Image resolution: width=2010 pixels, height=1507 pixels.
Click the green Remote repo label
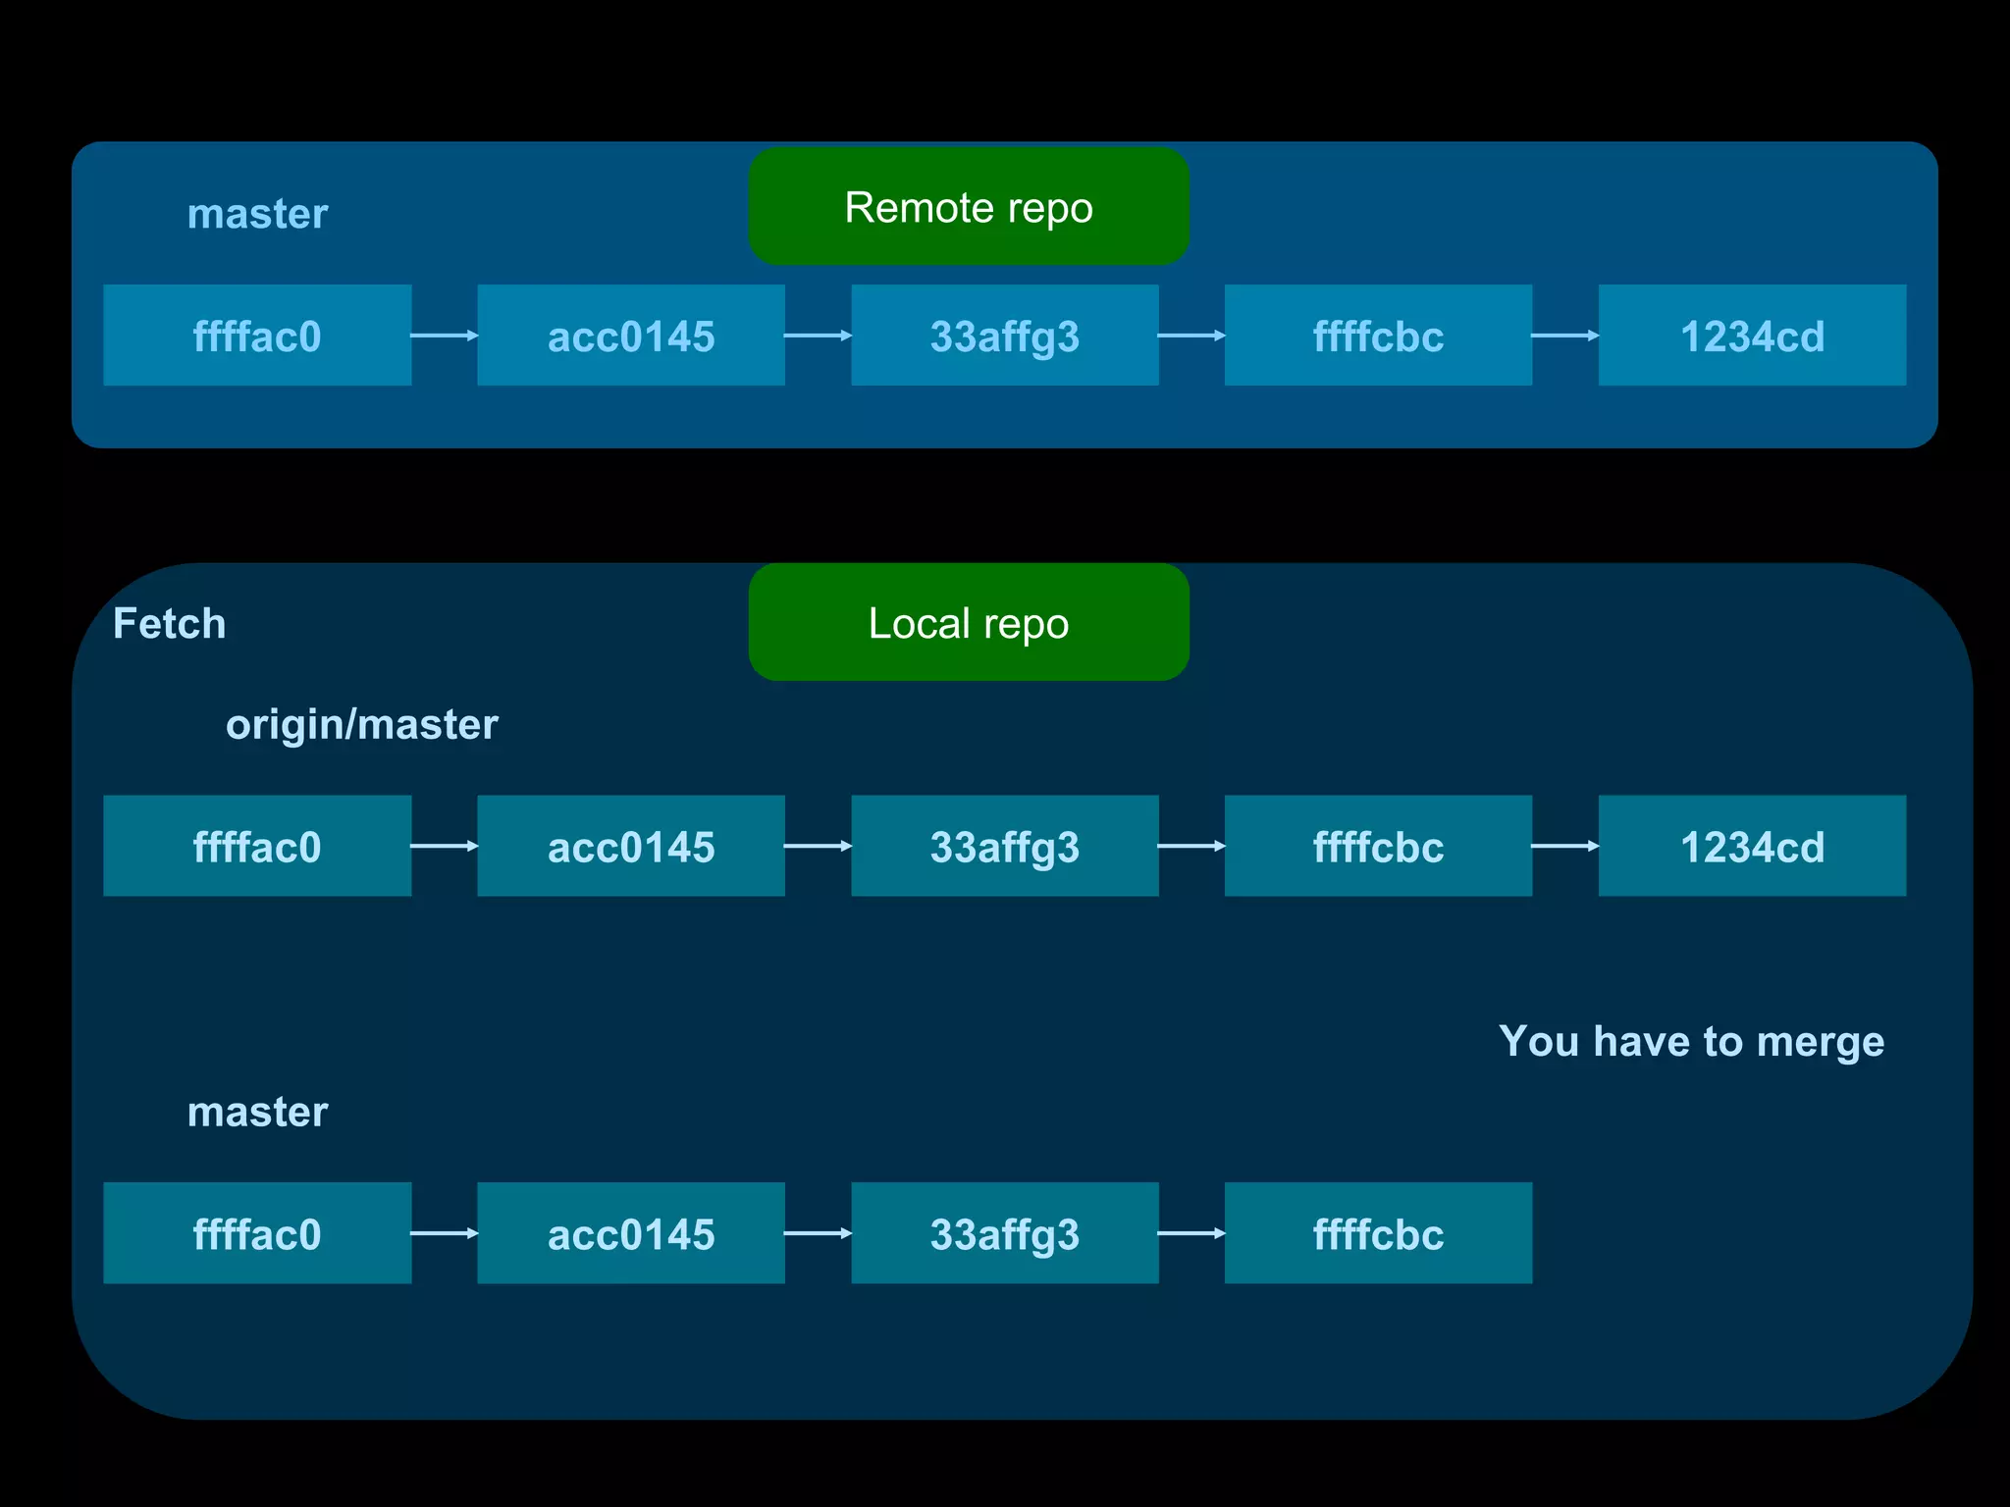[x=969, y=206]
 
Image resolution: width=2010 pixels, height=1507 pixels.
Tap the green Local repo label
[x=969, y=622]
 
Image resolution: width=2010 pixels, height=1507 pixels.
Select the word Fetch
[x=169, y=624]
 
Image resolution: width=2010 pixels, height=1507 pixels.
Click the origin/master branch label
[x=361, y=725]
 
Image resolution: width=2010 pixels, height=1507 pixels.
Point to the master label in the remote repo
[x=257, y=214]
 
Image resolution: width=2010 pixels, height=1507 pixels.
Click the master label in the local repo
[x=257, y=1112]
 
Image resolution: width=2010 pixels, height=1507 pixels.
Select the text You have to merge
[x=1691, y=1041]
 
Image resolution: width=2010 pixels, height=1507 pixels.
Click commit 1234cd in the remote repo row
[x=1752, y=336]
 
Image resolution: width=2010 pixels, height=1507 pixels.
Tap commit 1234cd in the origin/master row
[x=1752, y=846]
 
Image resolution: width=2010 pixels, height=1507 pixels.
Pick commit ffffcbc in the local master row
[x=1378, y=1233]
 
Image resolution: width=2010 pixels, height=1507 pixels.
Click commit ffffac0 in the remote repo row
[x=257, y=336]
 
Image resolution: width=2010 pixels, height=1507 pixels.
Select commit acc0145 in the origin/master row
[x=631, y=846]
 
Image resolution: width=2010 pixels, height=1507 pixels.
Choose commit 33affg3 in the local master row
[x=1005, y=1233]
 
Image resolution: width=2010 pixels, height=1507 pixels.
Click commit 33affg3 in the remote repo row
[x=1005, y=336]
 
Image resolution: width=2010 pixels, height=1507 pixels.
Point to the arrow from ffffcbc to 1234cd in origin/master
[x=1564, y=846]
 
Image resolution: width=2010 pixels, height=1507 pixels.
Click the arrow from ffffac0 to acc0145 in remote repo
[x=444, y=336]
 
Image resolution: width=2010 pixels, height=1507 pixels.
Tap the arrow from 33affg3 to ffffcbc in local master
[x=1190, y=1233]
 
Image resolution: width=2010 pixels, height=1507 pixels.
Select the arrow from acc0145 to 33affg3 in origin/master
[x=818, y=846]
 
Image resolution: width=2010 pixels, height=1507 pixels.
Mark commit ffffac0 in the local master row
[x=257, y=1233]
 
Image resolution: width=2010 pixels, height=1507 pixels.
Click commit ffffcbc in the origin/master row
[x=1378, y=846]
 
